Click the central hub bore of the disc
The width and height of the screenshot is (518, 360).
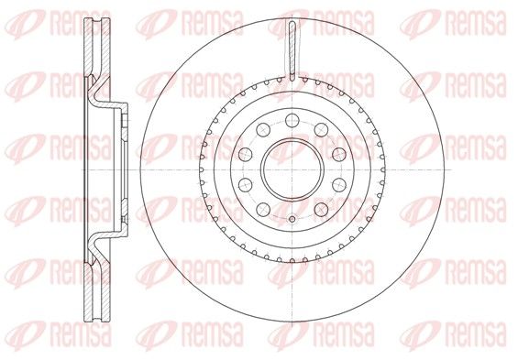point(292,169)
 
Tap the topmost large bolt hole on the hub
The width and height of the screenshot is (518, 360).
point(292,120)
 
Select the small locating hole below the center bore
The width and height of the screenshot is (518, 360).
point(292,219)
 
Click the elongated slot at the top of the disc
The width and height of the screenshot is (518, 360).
point(292,50)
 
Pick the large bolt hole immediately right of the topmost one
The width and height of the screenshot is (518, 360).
point(321,130)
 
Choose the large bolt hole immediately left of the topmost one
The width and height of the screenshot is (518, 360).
point(263,130)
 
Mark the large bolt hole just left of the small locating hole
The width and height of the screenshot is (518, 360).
point(263,209)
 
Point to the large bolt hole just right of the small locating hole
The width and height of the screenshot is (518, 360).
point(321,209)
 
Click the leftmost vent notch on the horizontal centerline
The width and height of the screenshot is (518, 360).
point(201,169)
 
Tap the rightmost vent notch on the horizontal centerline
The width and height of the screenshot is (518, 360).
point(383,169)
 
